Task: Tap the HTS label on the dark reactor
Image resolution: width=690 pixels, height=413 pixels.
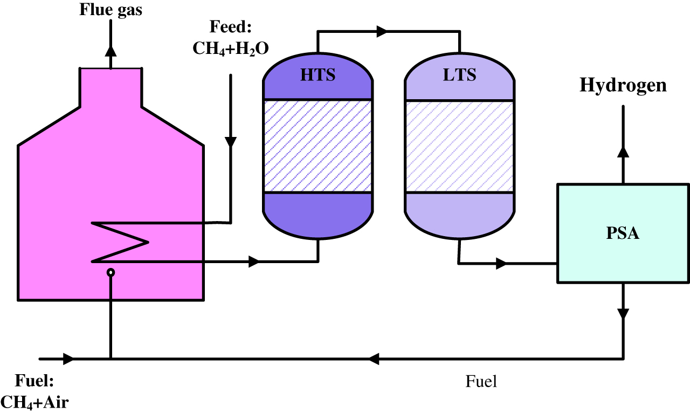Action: pyautogui.click(x=318, y=74)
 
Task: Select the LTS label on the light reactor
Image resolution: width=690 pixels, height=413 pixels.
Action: pyautogui.click(x=459, y=74)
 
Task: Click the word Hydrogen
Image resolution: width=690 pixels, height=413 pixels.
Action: pyautogui.click(x=623, y=85)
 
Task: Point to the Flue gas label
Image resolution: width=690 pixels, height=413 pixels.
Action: pyautogui.click(x=111, y=9)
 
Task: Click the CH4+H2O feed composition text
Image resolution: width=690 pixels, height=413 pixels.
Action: pyautogui.click(x=231, y=48)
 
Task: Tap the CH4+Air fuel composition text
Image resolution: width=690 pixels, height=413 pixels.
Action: pyautogui.click(x=34, y=401)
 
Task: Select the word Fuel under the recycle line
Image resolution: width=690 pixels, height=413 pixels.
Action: pyautogui.click(x=481, y=382)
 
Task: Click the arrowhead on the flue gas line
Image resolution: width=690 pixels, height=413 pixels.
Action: pyautogui.click(x=111, y=51)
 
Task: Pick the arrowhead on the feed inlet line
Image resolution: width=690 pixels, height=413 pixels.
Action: pyautogui.click(x=231, y=142)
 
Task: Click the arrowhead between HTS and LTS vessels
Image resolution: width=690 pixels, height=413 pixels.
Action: pyautogui.click(x=382, y=32)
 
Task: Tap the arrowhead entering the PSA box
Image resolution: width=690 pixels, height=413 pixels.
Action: pyautogui.click(x=501, y=264)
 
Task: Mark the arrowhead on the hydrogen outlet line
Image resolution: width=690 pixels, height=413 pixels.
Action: pyautogui.click(x=623, y=151)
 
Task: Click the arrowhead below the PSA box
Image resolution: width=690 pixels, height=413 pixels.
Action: pyautogui.click(x=623, y=313)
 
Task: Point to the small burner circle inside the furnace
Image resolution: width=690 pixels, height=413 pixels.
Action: pyautogui.click(x=111, y=273)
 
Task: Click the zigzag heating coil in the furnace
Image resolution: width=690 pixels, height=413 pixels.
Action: pyautogui.click(x=121, y=242)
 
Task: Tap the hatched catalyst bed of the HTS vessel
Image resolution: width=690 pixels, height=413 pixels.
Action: pyautogui.click(x=318, y=146)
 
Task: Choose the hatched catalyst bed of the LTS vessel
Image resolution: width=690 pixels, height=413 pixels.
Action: pyautogui.click(x=459, y=146)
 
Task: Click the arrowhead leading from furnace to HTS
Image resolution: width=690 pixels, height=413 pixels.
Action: pyautogui.click(x=253, y=262)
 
